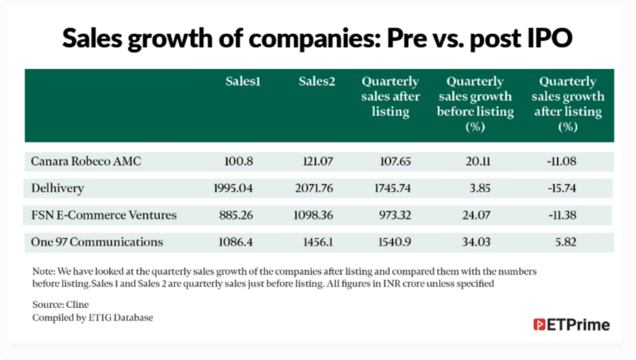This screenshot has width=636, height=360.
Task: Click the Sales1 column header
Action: (242, 82)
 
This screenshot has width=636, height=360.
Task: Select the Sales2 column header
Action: (317, 82)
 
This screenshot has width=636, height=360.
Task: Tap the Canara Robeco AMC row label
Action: (86, 161)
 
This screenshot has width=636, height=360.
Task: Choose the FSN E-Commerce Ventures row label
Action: (104, 215)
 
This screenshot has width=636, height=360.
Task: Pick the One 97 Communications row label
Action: (97, 242)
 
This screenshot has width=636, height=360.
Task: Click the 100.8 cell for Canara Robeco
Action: (238, 161)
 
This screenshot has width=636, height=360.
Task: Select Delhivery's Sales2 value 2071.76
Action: (312, 188)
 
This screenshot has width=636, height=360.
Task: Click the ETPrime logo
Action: (571, 325)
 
